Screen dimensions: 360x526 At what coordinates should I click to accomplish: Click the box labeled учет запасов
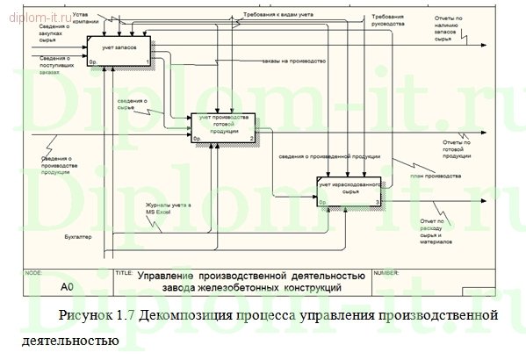[x=119, y=51]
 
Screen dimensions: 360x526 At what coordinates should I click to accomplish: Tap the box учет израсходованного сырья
[x=350, y=192]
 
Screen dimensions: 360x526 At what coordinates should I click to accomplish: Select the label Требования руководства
[x=387, y=20]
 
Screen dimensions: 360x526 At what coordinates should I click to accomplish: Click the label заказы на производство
[x=293, y=61]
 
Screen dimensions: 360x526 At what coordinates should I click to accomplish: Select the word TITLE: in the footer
[x=124, y=273]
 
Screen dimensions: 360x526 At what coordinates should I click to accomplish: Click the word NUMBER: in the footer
[x=387, y=273]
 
